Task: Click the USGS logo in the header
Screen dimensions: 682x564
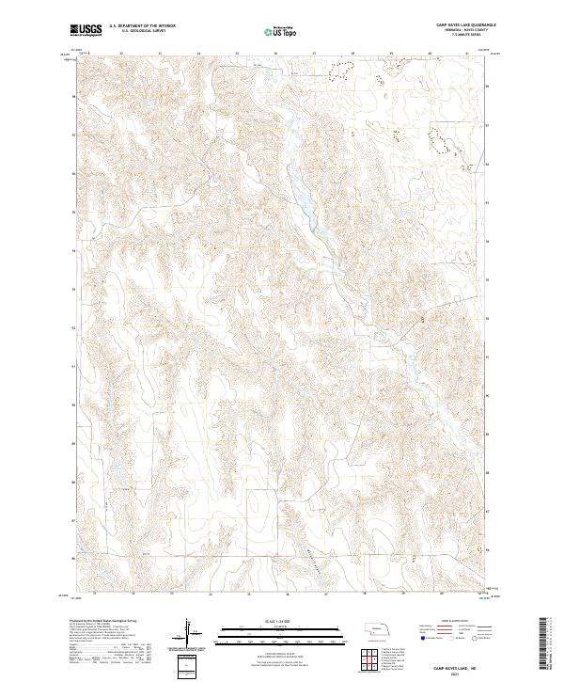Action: click(x=87, y=30)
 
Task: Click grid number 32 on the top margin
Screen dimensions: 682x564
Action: click(x=122, y=55)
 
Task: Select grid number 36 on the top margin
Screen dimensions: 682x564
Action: click(x=275, y=55)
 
